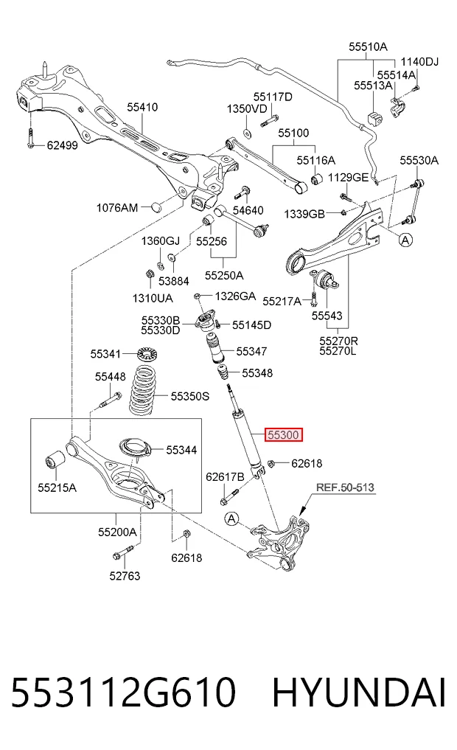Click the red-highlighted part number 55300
pyautogui.click(x=285, y=435)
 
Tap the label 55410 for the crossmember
pyautogui.click(x=142, y=107)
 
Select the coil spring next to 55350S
pyautogui.click(x=146, y=390)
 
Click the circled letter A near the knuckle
pyautogui.click(x=232, y=518)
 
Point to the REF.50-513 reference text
pyautogui.click(x=345, y=487)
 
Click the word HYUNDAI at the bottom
pyautogui.click(x=359, y=692)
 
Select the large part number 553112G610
pyautogui.click(x=123, y=692)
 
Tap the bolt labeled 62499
pyautogui.click(x=31, y=138)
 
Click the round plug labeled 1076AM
pyautogui.click(x=156, y=206)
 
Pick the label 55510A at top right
pyautogui.click(x=368, y=46)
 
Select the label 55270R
pyautogui.click(x=338, y=341)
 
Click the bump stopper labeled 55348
pyautogui.click(x=222, y=372)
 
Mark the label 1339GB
pyautogui.click(x=304, y=214)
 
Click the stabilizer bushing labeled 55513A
pyautogui.click(x=375, y=119)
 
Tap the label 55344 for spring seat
pyautogui.click(x=181, y=450)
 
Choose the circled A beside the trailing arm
pyautogui.click(x=406, y=240)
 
